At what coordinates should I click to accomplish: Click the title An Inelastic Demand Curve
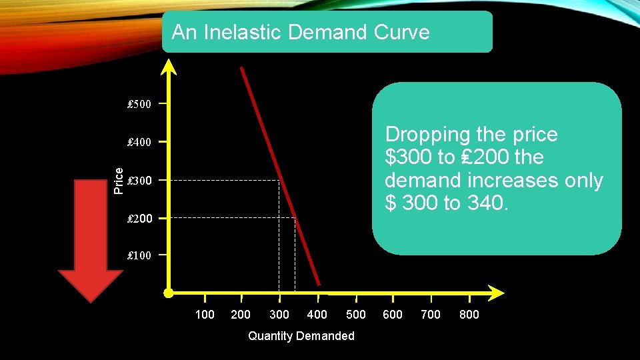tap(301, 32)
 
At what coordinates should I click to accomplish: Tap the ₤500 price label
tap(139, 105)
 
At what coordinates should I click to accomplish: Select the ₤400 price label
tap(139, 142)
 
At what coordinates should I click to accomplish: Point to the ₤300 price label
tap(139, 181)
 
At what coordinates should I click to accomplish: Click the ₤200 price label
tap(139, 219)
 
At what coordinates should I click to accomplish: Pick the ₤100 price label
tap(139, 256)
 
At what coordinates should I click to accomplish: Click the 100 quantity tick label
tap(205, 315)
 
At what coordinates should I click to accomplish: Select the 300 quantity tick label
tap(279, 315)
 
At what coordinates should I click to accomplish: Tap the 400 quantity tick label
tap(317, 315)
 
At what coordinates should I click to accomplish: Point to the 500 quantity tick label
tap(356, 315)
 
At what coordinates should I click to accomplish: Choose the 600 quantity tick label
tap(393, 315)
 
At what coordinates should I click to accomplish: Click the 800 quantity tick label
tap(469, 315)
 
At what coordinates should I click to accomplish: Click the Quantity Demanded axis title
tap(301, 336)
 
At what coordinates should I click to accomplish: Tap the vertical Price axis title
tap(119, 180)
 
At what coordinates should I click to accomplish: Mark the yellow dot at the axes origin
tap(169, 293)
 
